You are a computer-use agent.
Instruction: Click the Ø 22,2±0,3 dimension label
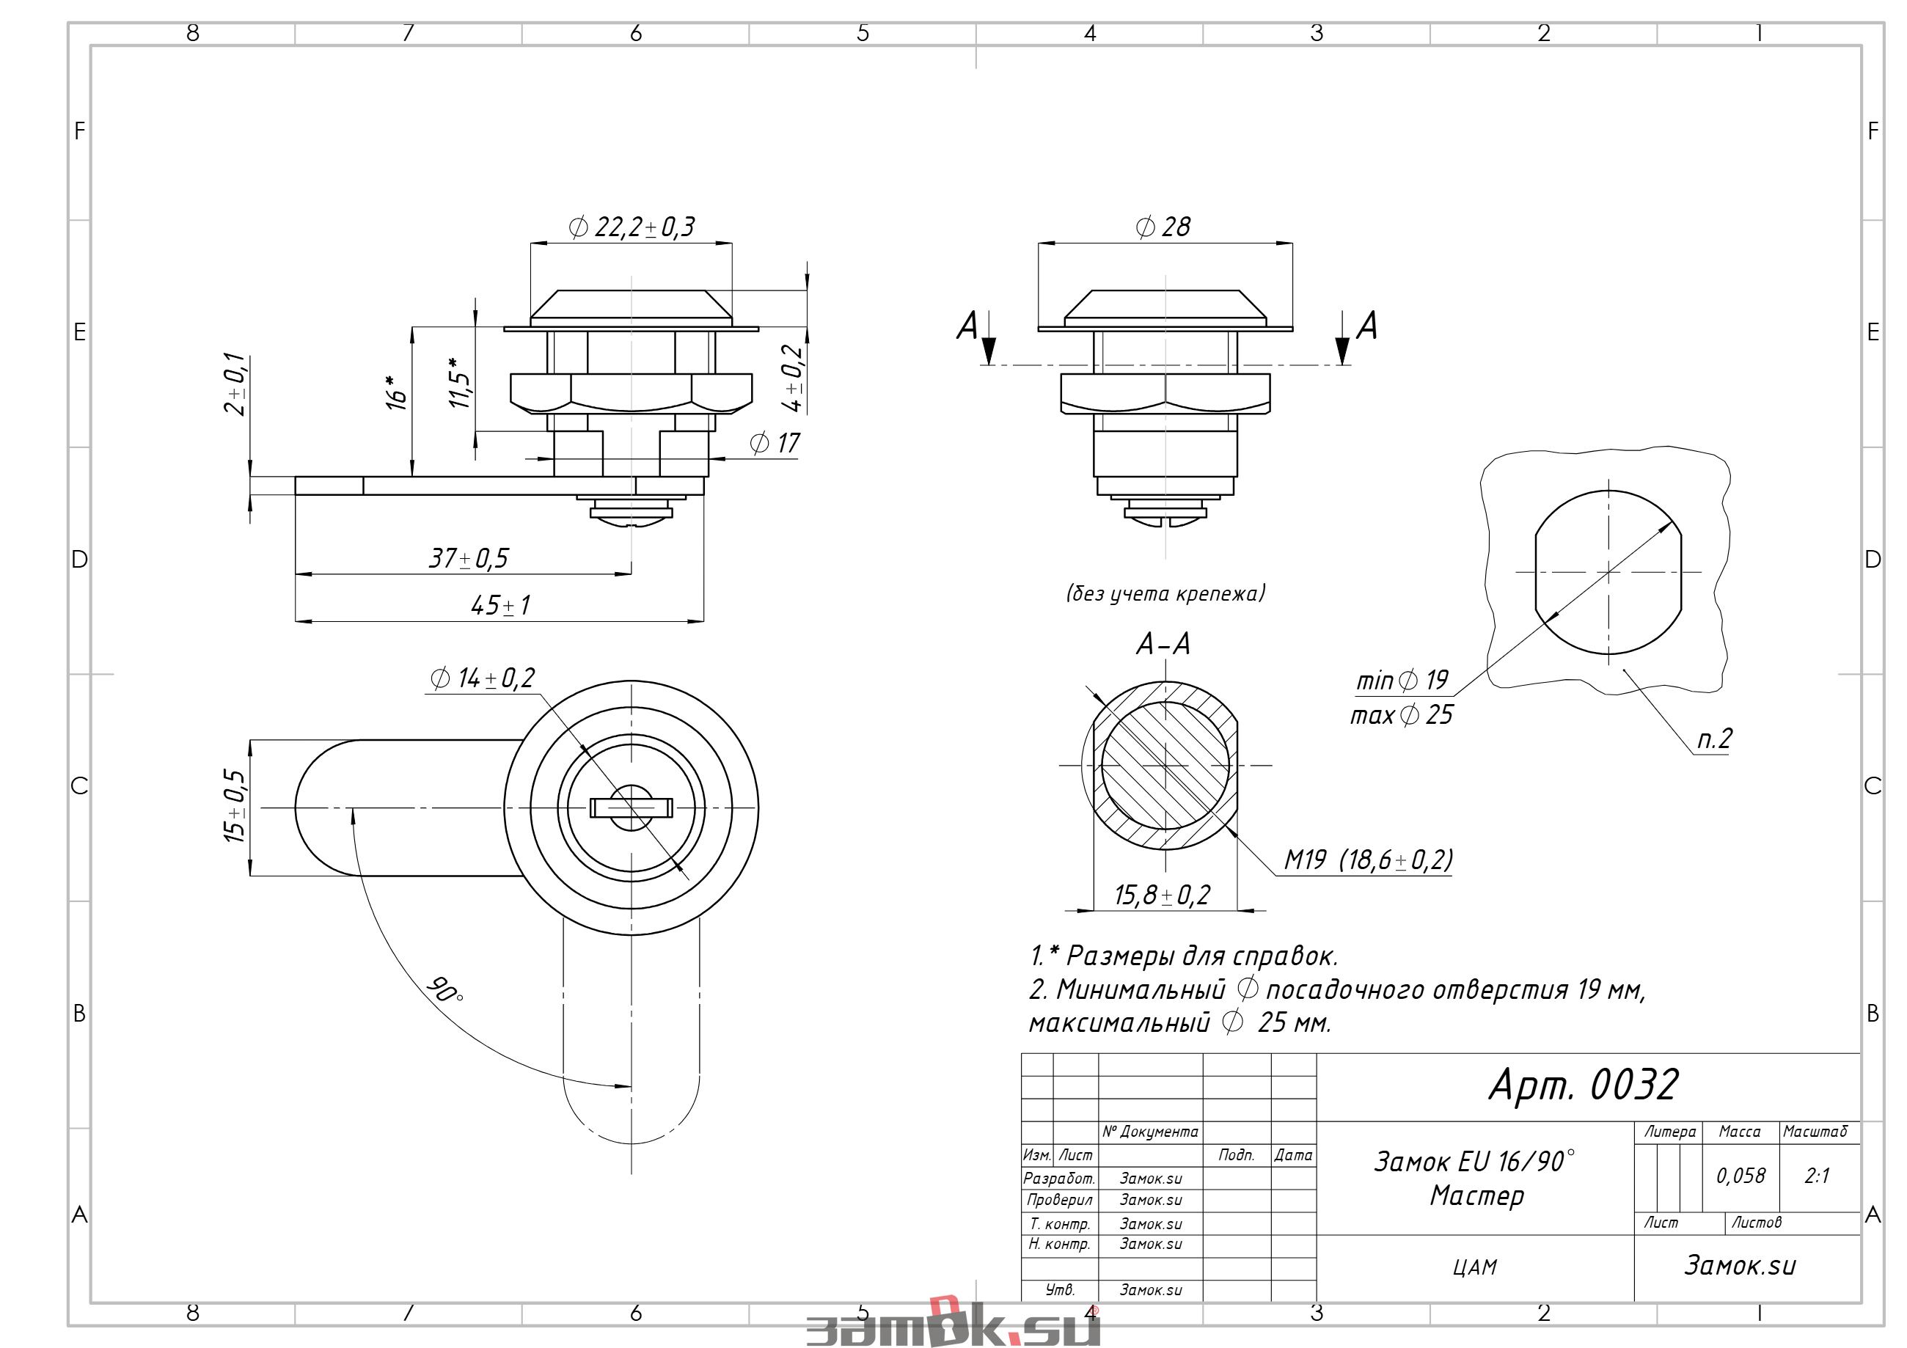tap(632, 227)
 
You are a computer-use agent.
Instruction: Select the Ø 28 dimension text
tap(1163, 227)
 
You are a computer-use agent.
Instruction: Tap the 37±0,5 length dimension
tap(469, 558)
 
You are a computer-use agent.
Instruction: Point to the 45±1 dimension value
tap(501, 606)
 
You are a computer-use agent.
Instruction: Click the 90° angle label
tap(445, 989)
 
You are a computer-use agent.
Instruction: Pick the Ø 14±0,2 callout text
tap(483, 678)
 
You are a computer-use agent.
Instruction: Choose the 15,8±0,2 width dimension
tap(1162, 895)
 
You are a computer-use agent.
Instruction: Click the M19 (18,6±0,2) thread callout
tap(1368, 860)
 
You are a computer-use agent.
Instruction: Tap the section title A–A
tap(1163, 644)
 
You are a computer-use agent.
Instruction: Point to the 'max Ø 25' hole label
tap(1401, 715)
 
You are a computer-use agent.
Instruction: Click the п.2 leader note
tap(1714, 739)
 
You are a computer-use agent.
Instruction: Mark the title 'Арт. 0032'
tap(1583, 1085)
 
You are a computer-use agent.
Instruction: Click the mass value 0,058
tap(1741, 1176)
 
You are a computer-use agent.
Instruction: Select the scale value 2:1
tap(1817, 1176)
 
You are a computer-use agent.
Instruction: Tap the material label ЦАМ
tap(1474, 1267)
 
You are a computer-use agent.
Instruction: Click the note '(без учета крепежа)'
tap(1165, 593)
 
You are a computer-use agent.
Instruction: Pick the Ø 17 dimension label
tap(775, 444)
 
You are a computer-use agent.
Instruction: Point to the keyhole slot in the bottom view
tap(632, 808)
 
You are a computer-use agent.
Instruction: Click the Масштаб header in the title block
tap(1815, 1132)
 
